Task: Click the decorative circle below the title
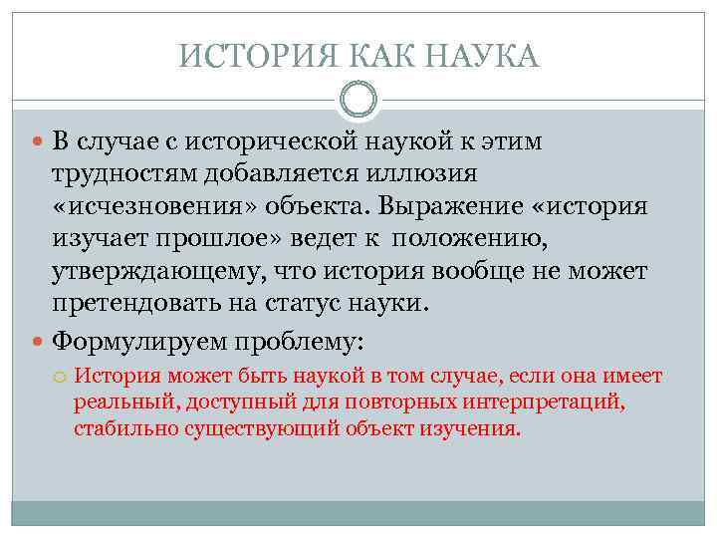(358, 100)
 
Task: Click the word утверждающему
(150, 273)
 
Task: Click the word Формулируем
(139, 342)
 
